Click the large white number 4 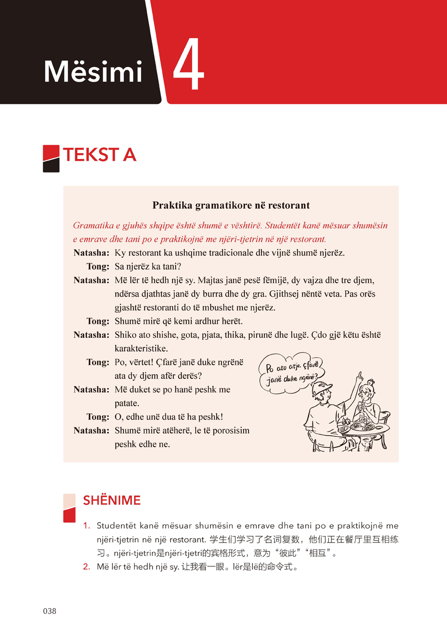189,66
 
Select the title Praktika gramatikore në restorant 231,205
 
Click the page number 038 50,611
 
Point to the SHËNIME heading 112,500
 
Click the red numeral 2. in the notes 86,566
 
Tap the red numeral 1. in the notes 86,526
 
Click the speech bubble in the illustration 291,372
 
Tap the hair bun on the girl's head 371,382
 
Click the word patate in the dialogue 127,403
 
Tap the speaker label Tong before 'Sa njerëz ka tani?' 97,266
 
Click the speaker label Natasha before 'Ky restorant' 91,253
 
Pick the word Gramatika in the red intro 93,226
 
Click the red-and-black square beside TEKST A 51,158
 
